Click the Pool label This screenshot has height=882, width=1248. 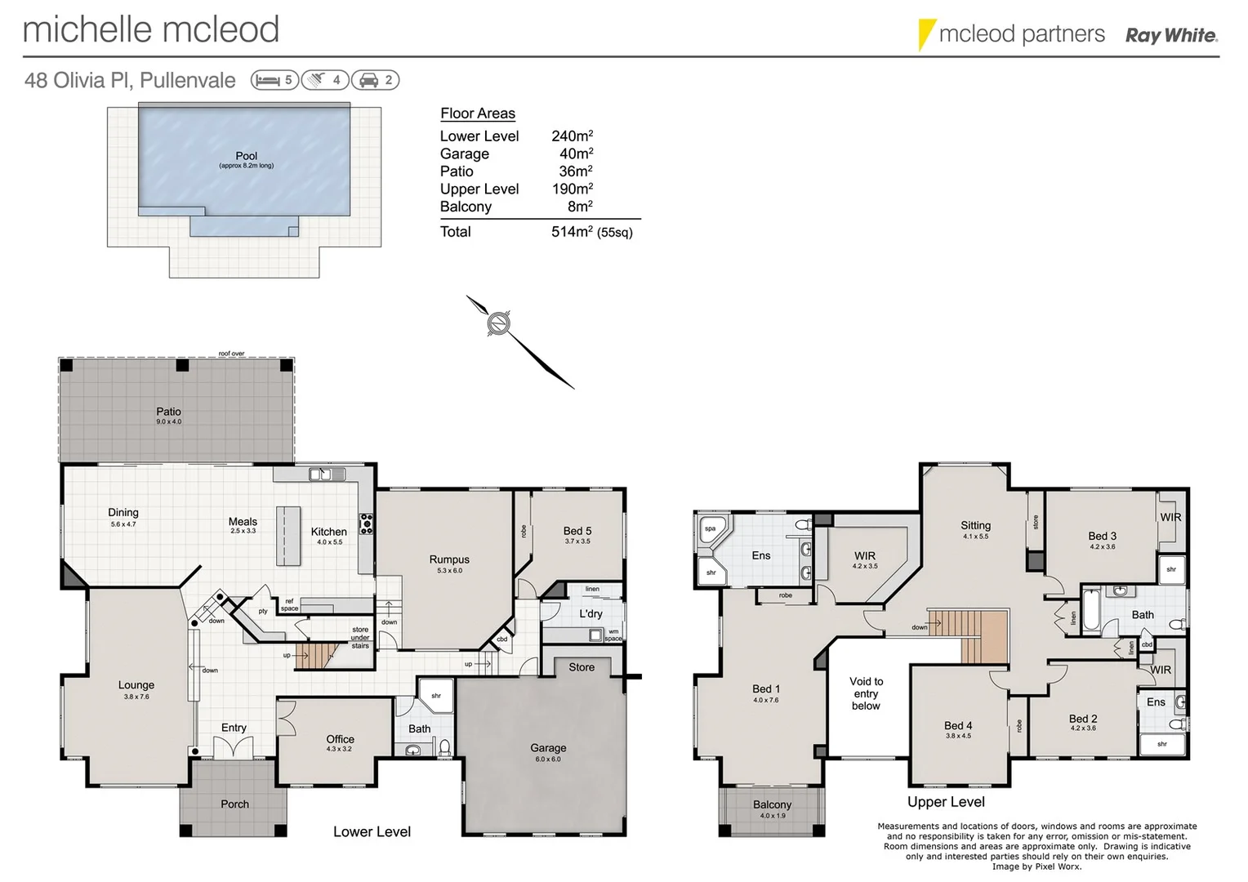tap(246, 156)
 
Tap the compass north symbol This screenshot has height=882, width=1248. tap(498, 323)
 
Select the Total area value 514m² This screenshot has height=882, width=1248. tap(572, 232)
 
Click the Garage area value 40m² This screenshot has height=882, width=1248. tap(576, 154)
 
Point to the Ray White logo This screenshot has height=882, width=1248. tap(1170, 35)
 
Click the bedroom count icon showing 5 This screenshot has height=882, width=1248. tap(274, 80)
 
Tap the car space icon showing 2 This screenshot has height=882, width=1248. tap(376, 80)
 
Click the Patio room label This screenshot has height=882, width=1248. tap(168, 412)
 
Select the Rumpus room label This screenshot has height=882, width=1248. tap(449, 560)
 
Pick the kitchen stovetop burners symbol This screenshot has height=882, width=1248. tap(367, 523)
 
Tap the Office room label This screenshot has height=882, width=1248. tap(340, 739)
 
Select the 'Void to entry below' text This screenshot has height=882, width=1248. tap(866, 693)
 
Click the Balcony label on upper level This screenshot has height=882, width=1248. tap(772, 804)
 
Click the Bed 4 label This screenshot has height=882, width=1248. tap(958, 725)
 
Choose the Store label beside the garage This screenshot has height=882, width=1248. tap(582, 667)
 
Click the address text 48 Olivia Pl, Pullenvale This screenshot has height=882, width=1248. tap(130, 80)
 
